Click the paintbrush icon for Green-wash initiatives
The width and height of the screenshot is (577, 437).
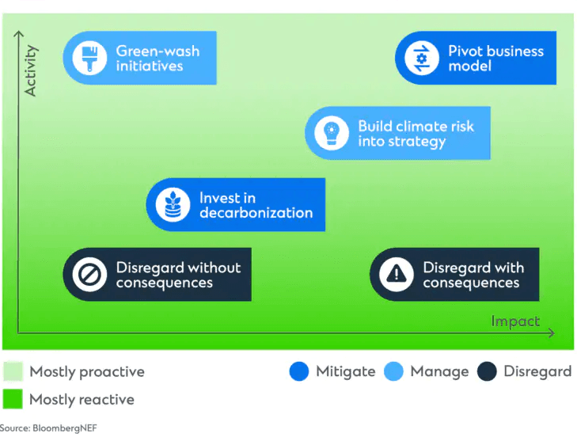[x=89, y=58]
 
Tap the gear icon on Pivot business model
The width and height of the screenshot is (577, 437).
[x=422, y=58]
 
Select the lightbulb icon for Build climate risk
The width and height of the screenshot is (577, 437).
[x=331, y=133]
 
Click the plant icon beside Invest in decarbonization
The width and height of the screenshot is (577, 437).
[x=173, y=205]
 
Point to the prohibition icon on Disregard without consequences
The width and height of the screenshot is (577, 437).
[x=89, y=274]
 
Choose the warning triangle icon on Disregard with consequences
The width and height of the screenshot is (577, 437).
[x=397, y=274]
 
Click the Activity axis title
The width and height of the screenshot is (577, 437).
[x=31, y=70]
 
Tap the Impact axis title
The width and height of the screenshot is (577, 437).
[x=515, y=321]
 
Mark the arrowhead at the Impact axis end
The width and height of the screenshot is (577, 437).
[x=551, y=333]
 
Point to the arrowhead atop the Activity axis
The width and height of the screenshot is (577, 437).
[x=18, y=34]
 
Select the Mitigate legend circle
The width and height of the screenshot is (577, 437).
[x=299, y=371]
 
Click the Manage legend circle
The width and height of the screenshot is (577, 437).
[x=393, y=371]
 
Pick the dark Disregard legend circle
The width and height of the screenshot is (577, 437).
[x=487, y=371]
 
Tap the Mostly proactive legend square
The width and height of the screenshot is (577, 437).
[x=13, y=371]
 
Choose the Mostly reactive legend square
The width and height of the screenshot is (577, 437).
[x=13, y=399]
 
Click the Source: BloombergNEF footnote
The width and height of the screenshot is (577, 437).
[x=48, y=428]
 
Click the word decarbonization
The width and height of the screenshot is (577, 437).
[x=256, y=213]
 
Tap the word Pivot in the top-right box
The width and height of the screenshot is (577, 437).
[x=464, y=51]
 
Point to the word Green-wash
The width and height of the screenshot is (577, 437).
[x=158, y=51]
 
